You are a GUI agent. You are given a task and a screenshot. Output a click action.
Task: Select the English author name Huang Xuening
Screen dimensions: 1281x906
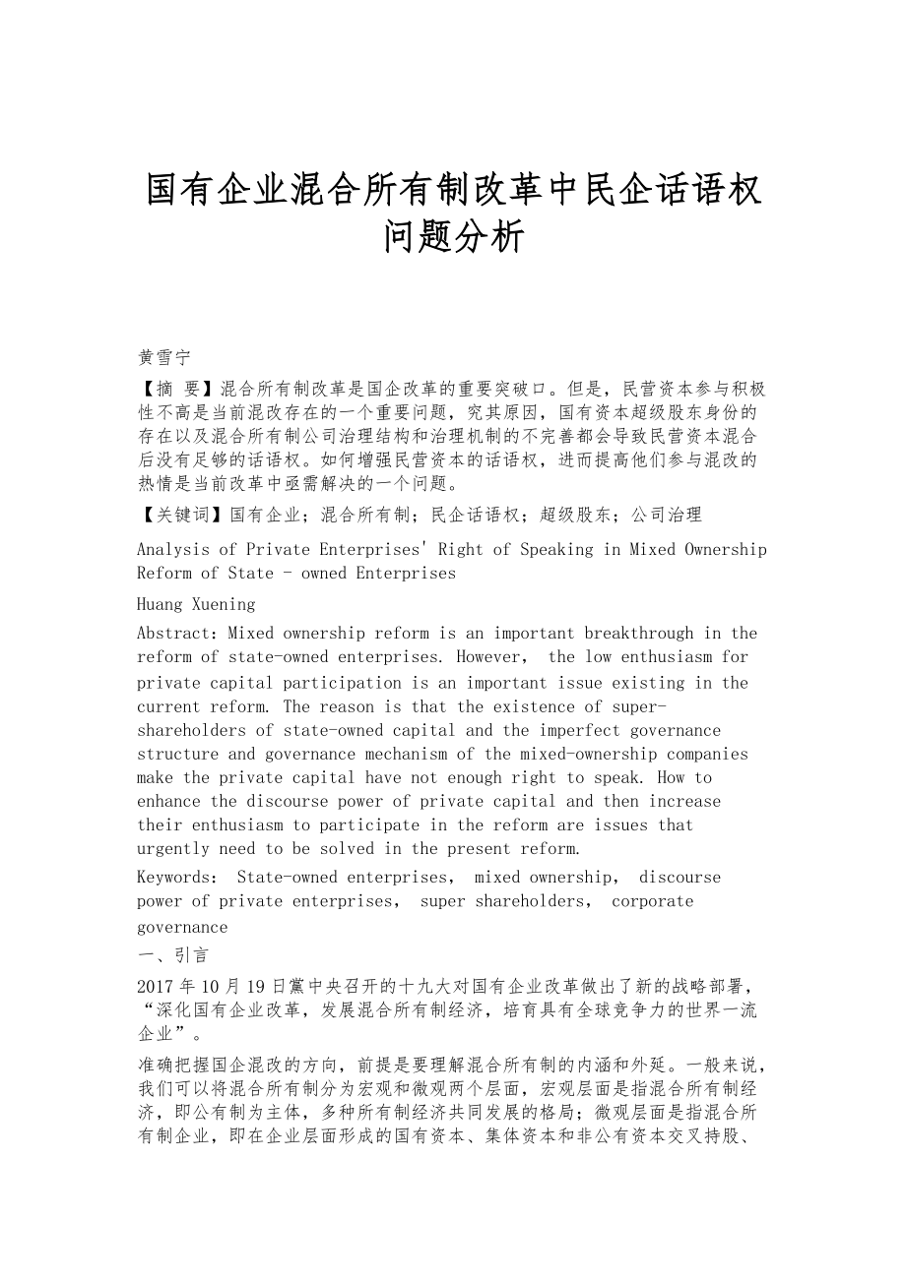[x=196, y=604]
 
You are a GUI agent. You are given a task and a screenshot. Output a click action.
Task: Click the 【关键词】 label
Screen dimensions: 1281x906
[x=182, y=514]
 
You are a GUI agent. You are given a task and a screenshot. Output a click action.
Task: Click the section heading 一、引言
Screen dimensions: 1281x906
[x=172, y=955]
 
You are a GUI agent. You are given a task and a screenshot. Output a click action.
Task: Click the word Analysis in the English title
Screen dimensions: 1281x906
[x=176, y=549]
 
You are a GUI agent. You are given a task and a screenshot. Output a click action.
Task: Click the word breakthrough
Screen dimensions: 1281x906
[x=640, y=634]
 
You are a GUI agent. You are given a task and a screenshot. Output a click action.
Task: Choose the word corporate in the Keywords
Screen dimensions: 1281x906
[x=652, y=901]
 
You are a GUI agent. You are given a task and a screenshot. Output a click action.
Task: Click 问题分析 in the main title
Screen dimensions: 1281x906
[x=454, y=237]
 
